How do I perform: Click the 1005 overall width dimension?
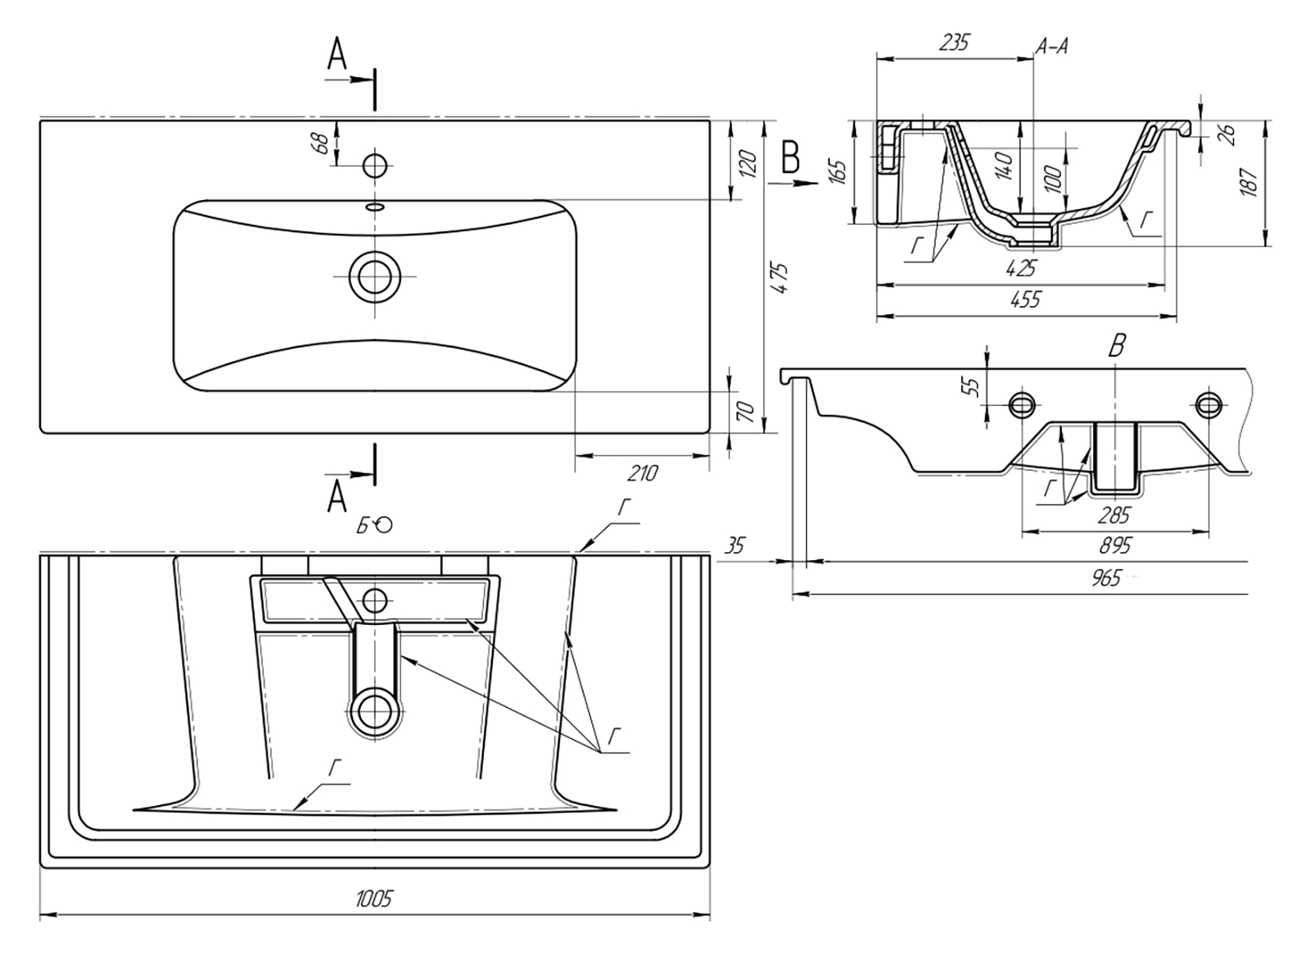tap(374, 898)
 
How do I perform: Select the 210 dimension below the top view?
tap(643, 473)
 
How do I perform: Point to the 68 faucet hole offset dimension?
tap(321, 143)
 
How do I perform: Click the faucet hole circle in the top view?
tap(375, 166)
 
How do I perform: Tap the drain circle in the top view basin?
tap(375, 276)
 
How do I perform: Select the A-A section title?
tap(1051, 48)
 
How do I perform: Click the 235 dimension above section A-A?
tap(954, 43)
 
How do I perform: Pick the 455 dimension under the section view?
tap(1025, 299)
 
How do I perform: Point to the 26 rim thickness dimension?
tap(1227, 134)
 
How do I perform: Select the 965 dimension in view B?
tap(1105, 578)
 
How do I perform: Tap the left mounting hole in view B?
tap(1022, 403)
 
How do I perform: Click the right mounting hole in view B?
tap(1208, 403)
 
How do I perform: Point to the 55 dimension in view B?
tap(973, 385)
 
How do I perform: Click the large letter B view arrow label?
tap(790, 157)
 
